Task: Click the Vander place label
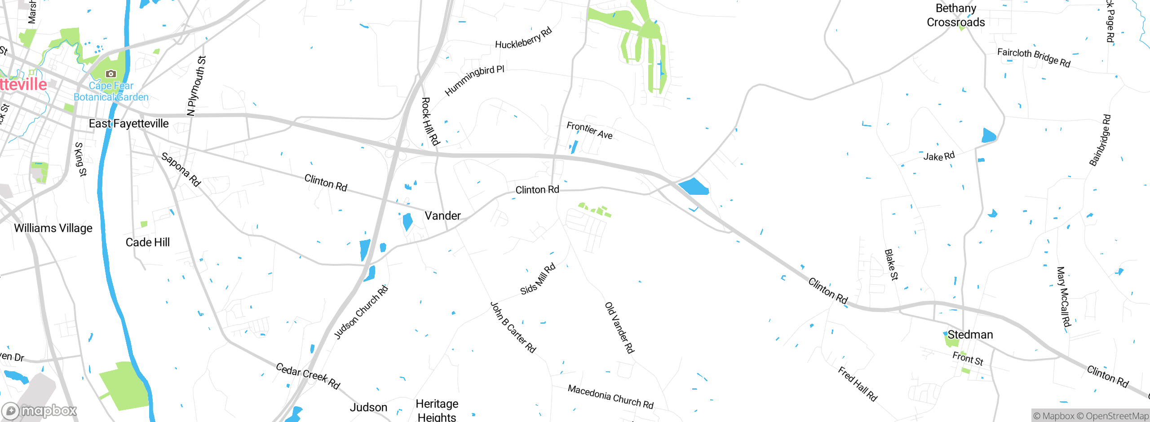442,216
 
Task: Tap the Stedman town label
970,335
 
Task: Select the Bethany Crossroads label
955,15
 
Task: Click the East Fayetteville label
128,123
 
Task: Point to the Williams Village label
53,228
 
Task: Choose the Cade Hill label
147,242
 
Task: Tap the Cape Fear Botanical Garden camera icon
111,74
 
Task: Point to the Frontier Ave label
589,130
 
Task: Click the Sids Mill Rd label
538,279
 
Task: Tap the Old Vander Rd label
619,328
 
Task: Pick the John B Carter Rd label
513,327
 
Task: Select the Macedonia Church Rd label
610,396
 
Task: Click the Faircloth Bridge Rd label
1034,57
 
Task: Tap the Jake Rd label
939,156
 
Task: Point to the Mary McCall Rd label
1063,297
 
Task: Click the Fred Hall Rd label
857,384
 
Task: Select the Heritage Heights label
437,410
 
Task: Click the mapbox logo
40,411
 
